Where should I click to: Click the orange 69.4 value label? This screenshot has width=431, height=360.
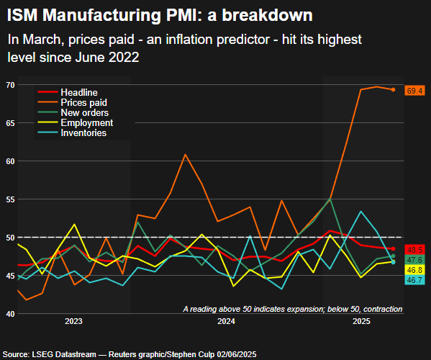[x=414, y=90]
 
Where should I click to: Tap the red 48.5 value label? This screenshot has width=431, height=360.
[x=414, y=248]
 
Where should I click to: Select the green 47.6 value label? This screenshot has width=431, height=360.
[x=414, y=259]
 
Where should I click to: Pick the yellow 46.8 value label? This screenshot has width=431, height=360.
[x=414, y=269]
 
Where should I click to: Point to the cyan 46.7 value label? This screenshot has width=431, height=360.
[x=414, y=279]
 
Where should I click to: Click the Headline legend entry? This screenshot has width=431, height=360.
[x=79, y=93]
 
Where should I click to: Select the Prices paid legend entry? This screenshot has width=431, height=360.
[x=84, y=103]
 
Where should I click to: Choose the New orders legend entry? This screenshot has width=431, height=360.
[x=84, y=113]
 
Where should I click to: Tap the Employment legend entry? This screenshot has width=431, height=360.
[x=86, y=123]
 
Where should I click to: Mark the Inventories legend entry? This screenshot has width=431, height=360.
[x=83, y=133]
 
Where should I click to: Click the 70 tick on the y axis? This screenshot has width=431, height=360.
[x=9, y=85]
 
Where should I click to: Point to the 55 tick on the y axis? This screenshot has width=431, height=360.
[x=9, y=199]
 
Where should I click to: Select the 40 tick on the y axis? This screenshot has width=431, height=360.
[x=9, y=314]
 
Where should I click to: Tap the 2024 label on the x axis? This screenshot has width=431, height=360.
[x=226, y=320]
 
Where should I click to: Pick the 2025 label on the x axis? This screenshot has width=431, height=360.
[x=363, y=320]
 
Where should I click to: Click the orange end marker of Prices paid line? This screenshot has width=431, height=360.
[x=393, y=90]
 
